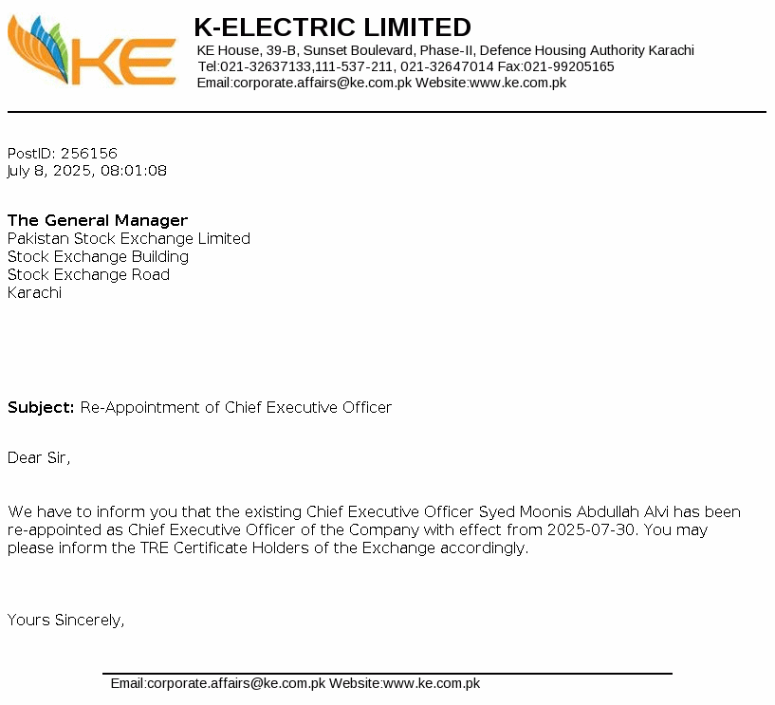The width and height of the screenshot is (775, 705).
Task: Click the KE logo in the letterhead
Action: [92, 52]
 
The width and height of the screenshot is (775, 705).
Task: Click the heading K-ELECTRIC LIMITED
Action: [332, 27]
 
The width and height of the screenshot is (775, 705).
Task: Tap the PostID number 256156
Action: [88, 153]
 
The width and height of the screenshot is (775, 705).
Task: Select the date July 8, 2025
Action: [49, 171]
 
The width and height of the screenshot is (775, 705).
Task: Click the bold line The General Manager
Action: [98, 220]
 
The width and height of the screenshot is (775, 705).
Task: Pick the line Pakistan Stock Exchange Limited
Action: [129, 238]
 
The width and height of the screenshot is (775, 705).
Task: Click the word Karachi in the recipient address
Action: [34, 292]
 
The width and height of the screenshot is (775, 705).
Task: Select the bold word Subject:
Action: [41, 407]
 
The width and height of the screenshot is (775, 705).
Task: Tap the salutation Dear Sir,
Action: [39, 457]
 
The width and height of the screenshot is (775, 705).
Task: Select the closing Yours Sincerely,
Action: [66, 620]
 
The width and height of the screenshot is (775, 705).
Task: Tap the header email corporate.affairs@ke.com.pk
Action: [323, 83]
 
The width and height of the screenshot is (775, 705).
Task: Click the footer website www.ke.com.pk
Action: [432, 683]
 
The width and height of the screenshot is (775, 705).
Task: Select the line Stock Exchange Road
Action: [88, 274]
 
